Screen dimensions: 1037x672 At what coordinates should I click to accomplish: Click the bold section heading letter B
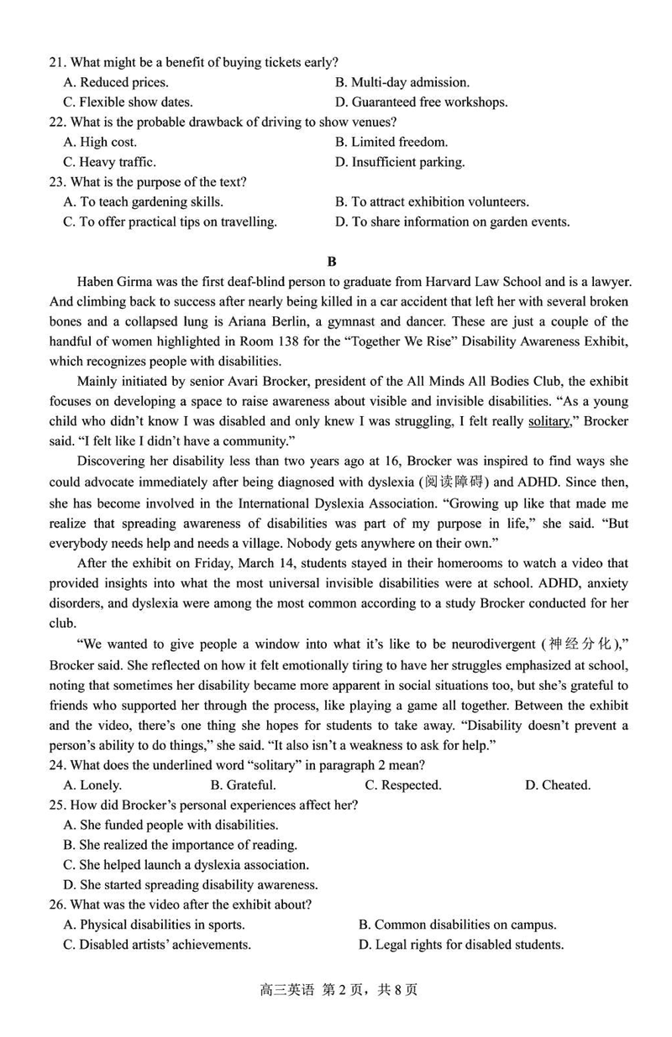tap(332, 261)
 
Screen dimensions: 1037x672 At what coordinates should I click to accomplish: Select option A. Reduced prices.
tap(115, 82)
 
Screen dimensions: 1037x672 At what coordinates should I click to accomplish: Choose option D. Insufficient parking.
tap(399, 162)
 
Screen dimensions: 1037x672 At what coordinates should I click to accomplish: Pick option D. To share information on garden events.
tap(452, 222)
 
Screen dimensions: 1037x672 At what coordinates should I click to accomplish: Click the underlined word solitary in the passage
tap(549, 421)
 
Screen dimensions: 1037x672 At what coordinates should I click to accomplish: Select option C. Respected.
tap(402, 785)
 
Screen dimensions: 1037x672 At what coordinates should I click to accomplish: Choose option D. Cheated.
tap(557, 785)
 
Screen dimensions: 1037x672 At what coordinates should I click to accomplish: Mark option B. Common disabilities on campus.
tap(457, 925)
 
